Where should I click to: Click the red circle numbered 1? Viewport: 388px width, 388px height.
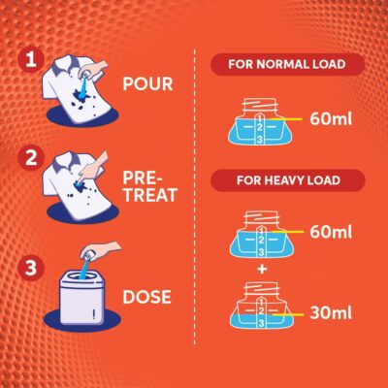pos(31,59)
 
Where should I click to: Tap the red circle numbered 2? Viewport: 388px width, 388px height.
pos(31,158)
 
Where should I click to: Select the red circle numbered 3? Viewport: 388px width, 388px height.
pos(31,268)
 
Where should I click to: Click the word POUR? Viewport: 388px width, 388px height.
pos(147,84)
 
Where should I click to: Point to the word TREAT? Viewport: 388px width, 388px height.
pos(150,195)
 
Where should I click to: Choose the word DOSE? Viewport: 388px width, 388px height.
pos(146,297)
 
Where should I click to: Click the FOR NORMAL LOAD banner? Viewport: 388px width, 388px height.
pos(287,64)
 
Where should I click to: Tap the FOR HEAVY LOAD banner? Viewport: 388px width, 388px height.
pos(288,180)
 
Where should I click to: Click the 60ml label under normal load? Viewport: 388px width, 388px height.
pos(331,119)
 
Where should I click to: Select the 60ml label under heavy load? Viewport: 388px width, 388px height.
pos(331,232)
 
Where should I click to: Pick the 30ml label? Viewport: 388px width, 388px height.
pos(331,312)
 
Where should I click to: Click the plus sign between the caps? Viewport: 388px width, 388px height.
pos(262,269)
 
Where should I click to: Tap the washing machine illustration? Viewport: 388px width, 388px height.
pos(82,299)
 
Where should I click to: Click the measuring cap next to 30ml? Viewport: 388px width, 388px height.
pos(261,306)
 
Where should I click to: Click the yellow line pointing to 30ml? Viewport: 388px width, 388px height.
pos(288,314)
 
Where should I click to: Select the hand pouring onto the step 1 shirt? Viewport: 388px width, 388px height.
pos(95,69)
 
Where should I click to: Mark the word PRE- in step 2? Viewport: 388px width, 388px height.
pos(143,178)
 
